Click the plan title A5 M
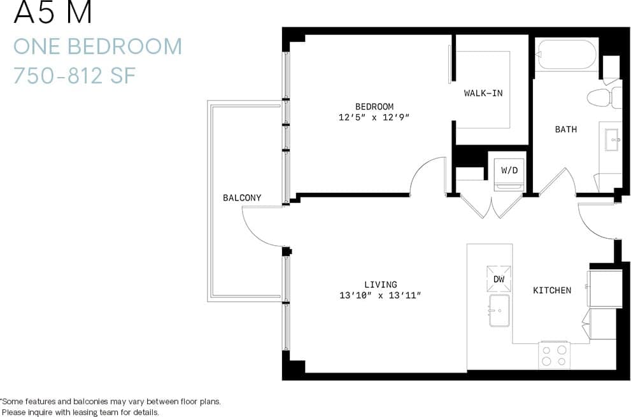53,13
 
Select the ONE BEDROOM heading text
97,46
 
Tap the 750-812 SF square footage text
75,75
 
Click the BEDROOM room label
374,106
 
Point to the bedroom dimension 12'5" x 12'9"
374,117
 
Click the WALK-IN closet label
483,93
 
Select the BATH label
565,129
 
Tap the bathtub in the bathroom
565,54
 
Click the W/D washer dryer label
509,171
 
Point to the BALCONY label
242,198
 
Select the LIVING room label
381,285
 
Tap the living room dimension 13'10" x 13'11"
381,295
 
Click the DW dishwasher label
499,279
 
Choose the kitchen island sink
499,310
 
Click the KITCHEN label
552,290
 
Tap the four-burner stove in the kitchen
553,356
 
